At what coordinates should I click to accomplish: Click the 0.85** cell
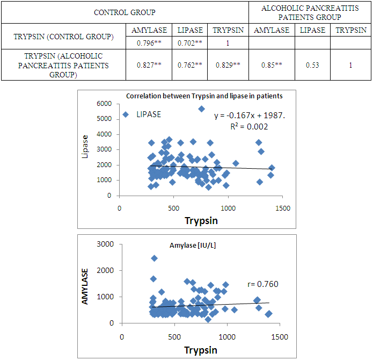tap(271, 65)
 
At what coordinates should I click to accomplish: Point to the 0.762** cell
tap(190, 65)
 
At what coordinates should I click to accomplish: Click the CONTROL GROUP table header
tap(125, 12)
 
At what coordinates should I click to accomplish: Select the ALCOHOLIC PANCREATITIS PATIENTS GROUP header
tap(310, 12)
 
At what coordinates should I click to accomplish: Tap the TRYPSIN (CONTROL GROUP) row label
tap(63, 37)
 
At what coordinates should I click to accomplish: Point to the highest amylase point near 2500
tap(155, 258)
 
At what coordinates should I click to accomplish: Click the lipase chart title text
tap(204, 96)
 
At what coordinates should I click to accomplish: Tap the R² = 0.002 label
tap(249, 127)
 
